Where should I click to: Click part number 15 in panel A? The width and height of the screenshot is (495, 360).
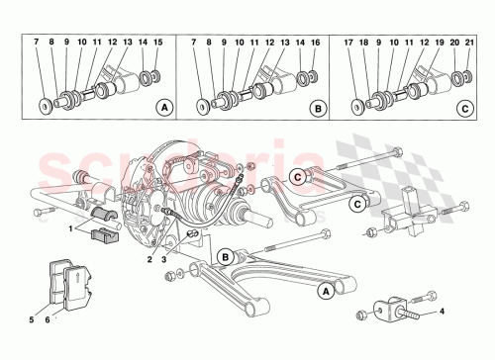[157, 44]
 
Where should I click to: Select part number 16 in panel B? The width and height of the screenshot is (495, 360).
[315, 44]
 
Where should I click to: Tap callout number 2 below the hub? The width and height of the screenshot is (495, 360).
[149, 259]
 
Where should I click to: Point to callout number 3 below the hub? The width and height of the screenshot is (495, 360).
[163, 259]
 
